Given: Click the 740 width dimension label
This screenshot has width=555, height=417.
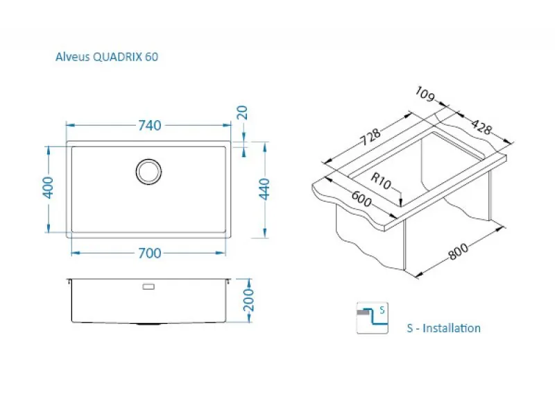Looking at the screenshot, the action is (149, 126).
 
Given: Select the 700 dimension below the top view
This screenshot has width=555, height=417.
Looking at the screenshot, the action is (149, 253).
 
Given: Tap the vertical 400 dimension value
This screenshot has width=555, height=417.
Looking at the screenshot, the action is (48, 188).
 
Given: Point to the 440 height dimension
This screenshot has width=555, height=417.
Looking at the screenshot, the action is (265, 189).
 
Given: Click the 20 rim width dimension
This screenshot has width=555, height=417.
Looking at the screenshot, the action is (244, 113).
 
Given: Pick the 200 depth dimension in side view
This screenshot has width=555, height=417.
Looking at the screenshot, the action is (249, 300).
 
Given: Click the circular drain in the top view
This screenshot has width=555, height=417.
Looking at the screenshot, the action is (148, 172).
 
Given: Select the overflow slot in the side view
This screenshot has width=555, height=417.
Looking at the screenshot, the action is (148, 286).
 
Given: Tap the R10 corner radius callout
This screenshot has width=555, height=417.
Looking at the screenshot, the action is (381, 181).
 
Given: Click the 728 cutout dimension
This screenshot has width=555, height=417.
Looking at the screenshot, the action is (371, 137).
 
